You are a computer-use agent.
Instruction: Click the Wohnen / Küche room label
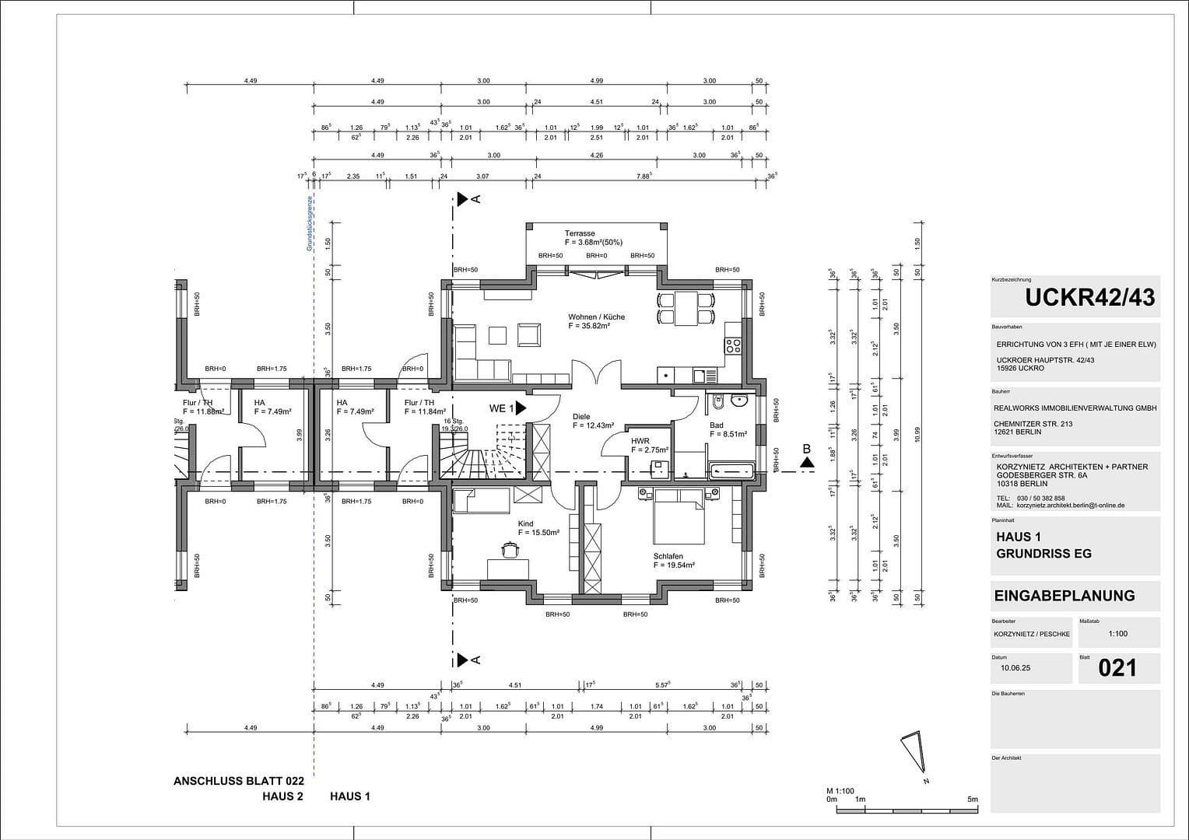596,317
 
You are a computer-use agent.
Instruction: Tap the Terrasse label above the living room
580,233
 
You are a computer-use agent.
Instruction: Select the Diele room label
581,417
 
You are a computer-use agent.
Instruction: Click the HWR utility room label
640,441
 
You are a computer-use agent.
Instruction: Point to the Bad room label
716,425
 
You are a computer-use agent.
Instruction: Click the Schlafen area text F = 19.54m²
674,565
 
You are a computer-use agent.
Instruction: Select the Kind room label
526,524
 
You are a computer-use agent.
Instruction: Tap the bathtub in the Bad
731,470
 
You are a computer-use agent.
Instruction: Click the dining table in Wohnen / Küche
686,308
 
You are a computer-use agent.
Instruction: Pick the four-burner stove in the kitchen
733,345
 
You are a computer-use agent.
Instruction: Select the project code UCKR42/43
1089,297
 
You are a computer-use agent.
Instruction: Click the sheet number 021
1117,668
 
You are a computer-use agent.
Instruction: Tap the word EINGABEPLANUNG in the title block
1064,596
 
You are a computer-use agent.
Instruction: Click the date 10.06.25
1015,667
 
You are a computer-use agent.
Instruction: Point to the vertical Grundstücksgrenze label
309,222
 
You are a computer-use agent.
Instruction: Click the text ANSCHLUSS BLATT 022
238,780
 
